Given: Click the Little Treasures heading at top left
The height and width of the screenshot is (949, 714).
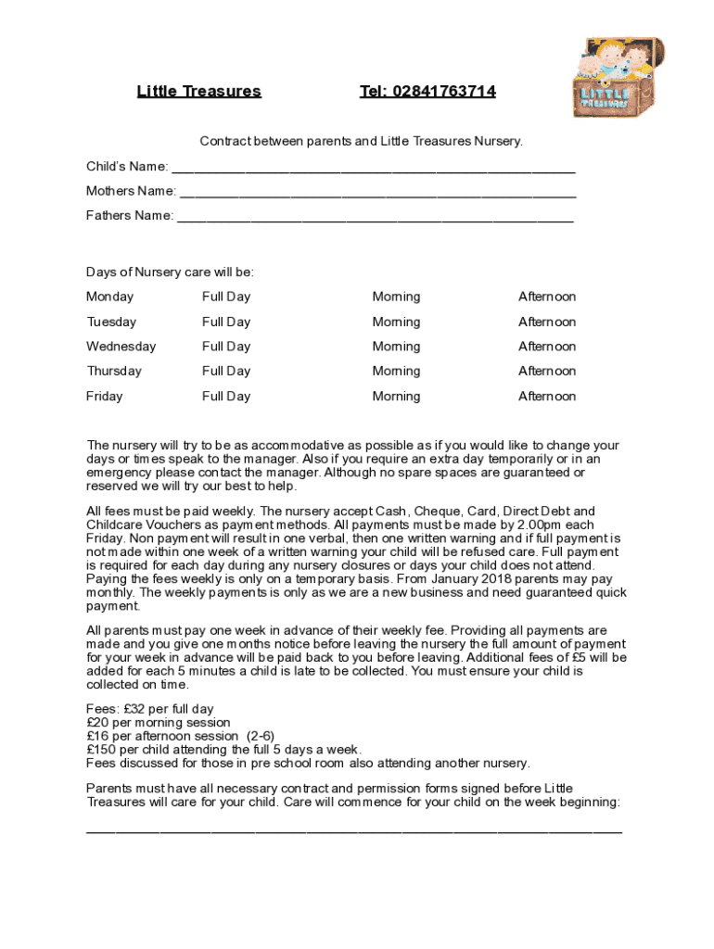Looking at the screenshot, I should coord(198,91).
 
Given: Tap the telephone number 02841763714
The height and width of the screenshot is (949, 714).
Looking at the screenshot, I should coord(427,91).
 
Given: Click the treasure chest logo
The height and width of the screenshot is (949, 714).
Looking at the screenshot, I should coord(618,77).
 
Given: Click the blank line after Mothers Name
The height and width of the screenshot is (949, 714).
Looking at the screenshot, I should coord(377,194).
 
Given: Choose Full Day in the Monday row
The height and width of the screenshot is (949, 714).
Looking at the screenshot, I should coord(226,297).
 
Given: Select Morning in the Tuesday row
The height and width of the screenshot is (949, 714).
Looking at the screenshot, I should coord(396,323).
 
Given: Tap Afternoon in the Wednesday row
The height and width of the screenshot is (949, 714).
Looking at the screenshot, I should coord(546,347).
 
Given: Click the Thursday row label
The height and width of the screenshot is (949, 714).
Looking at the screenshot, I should coord(114,372).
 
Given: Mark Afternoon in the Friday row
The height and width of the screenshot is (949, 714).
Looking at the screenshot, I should coord(546,397).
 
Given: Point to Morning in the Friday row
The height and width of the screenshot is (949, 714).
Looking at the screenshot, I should coord(396,397).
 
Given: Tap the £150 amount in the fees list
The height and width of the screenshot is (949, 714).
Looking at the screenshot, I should coord(101,750).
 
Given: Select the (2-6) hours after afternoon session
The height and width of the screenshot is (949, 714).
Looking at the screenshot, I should coord(260,737).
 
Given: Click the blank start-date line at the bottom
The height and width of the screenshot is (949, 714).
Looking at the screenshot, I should coord(353,830).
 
